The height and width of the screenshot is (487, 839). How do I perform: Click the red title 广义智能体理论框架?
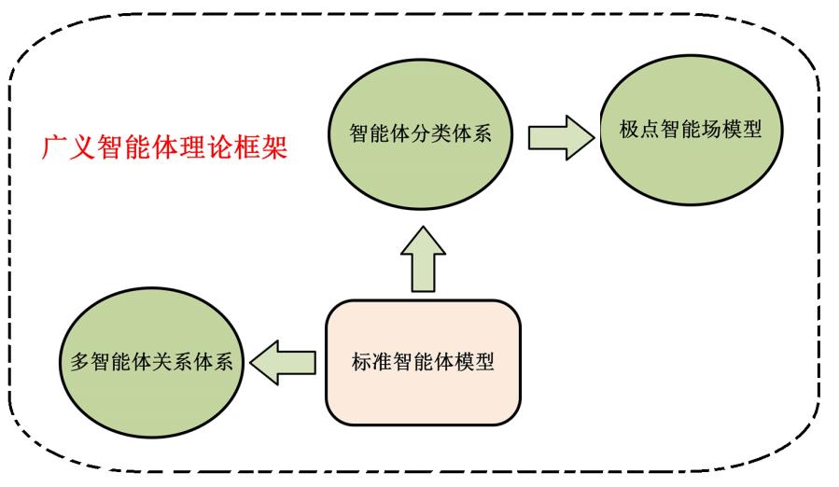tap(165, 146)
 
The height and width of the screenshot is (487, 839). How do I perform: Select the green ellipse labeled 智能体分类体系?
tap(421, 133)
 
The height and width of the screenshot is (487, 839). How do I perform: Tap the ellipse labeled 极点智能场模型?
tap(691, 130)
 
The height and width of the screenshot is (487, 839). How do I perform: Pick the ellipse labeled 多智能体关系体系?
tap(151, 362)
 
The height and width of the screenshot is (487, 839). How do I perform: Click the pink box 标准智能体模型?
tap(423, 362)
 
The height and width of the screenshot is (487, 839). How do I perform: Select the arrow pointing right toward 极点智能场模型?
tap(561, 137)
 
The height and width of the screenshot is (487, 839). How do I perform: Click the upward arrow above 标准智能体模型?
tap(423, 259)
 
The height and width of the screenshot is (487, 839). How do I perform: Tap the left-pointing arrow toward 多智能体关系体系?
tap(283, 362)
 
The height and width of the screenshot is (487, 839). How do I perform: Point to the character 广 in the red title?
tap(54, 147)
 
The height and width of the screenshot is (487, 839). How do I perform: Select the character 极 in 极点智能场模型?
tap(630, 129)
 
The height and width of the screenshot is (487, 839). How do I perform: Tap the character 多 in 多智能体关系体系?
tap(80, 362)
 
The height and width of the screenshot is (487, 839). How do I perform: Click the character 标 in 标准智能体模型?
tap(362, 362)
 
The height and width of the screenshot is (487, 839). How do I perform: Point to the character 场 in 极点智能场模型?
tap(711, 129)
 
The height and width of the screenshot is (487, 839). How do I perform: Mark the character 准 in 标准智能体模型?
tap(382, 362)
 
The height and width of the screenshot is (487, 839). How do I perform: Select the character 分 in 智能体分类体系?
tap(421, 133)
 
